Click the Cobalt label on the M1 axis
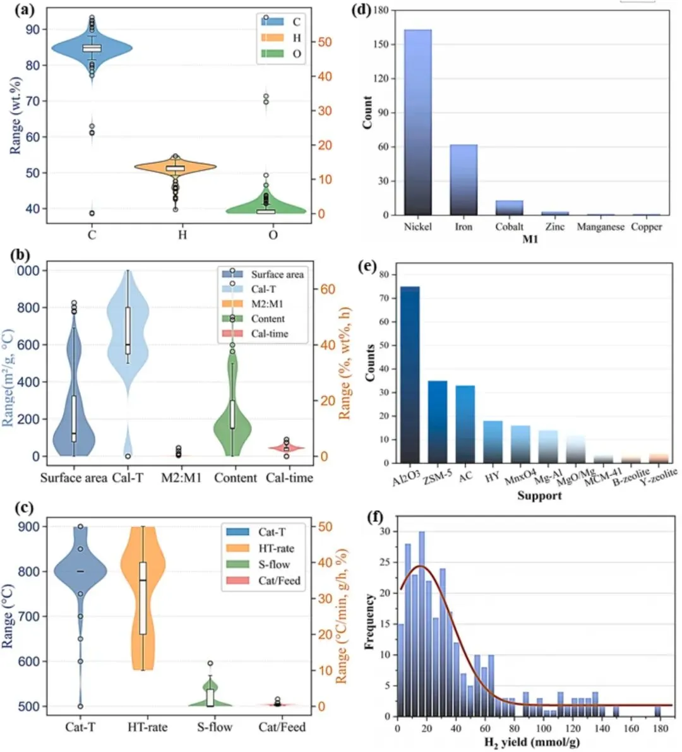click(509, 227)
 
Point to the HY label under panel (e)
click(493, 478)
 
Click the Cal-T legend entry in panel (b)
click(263, 289)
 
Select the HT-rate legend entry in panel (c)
click(275, 549)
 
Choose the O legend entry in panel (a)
click(296, 54)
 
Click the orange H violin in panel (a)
click(183, 167)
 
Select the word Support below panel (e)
click(539, 496)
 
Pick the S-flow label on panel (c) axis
click(215, 727)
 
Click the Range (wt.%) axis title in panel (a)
click(16, 116)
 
